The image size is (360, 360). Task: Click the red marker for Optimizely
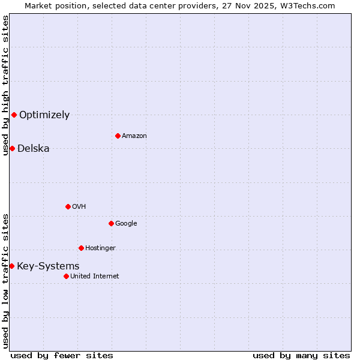14,115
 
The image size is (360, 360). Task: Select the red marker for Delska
12,148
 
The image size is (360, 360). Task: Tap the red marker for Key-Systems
11,266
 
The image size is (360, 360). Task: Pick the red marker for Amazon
118,136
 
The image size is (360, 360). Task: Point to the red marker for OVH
68,206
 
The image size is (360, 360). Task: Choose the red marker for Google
111,223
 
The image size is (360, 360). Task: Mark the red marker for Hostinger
81,248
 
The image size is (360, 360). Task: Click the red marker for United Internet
66,276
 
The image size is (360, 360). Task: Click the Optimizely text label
44,115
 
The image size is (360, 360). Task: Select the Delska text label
34,149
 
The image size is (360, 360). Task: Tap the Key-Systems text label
48,266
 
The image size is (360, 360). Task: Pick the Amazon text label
134,136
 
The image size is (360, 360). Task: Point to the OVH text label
79,207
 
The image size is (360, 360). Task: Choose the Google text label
126,224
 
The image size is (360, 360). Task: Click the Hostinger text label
100,248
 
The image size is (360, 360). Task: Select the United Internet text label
95,277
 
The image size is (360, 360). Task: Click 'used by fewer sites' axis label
62,355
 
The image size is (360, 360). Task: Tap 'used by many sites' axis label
301,355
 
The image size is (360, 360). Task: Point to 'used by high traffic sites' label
5,85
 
